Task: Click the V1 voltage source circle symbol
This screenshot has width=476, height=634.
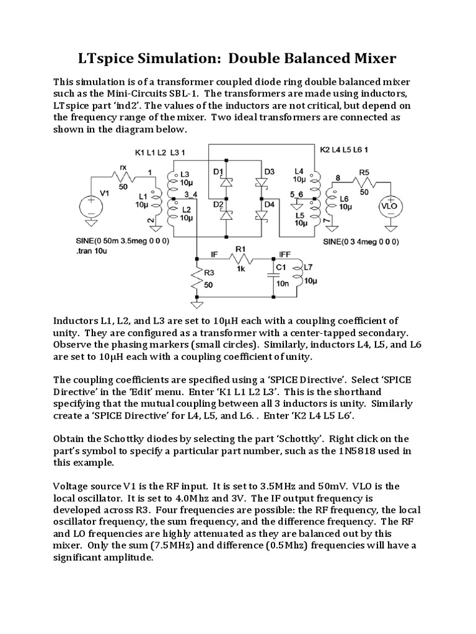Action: coord(90,206)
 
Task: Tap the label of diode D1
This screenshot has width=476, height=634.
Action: coord(218,170)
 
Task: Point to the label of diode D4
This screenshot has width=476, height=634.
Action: coord(269,204)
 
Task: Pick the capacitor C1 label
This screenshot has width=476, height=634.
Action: coord(281,267)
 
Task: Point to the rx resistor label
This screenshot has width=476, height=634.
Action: coord(123,167)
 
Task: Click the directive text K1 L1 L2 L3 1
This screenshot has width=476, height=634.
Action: coord(160,152)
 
